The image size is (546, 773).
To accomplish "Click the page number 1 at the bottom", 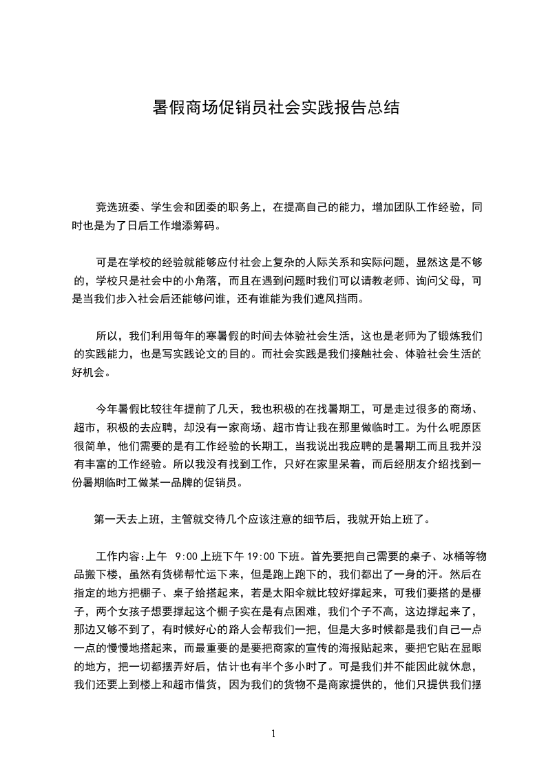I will click(x=273, y=733).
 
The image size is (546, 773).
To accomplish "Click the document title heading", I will click(x=273, y=108).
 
